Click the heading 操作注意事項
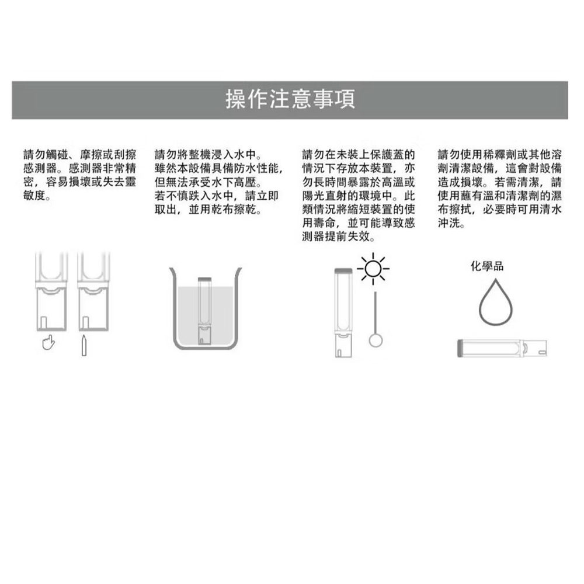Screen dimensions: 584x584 pyautogui.click(x=290, y=99)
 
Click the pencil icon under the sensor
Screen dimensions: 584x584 pyautogui.click(x=84, y=346)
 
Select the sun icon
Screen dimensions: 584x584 pyautogui.click(x=373, y=269)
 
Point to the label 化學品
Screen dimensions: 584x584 pyautogui.click(x=487, y=266)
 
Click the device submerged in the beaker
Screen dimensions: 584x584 pyautogui.click(x=204, y=311)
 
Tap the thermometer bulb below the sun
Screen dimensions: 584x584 pyautogui.click(x=376, y=340)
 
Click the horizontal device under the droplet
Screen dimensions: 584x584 pyautogui.click(x=502, y=348)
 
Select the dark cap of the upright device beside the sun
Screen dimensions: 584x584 pyautogui.click(x=343, y=271)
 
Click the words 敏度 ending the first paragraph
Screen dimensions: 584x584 pyautogui.click(x=37, y=196)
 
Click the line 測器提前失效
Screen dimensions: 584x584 pyautogui.click(x=339, y=237)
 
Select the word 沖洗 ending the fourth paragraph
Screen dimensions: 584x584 pyautogui.click(x=451, y=223)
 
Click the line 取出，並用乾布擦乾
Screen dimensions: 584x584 pyautogui.click(x=208, y=209)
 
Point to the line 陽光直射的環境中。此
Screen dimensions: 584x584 pyautogui.click(x=359, y=196)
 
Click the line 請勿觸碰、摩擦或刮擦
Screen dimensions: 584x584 pyautogui.click(x=80, y=155)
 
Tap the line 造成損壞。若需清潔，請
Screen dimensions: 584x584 pyautogui.click(x=499, y=182)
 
